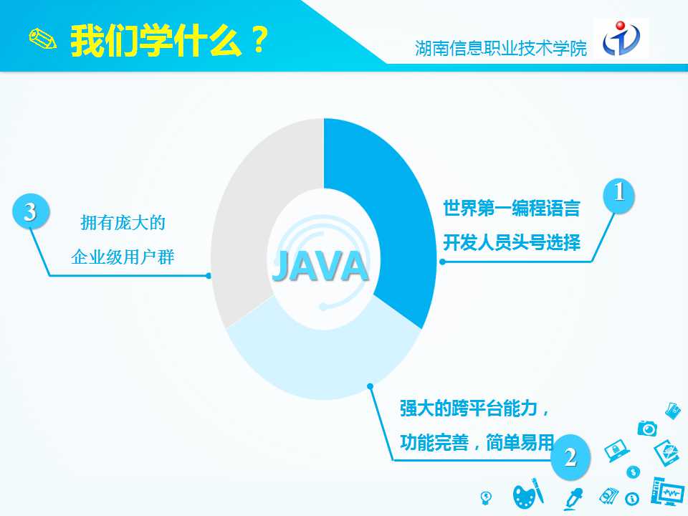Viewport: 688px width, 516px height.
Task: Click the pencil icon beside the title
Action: pyautogui.click(x=42, y=39)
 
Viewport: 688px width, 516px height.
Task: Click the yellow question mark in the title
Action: pyautogui.click(x=259, y=40)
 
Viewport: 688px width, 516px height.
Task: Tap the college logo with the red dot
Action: pyautogui.click(x=621, y=38)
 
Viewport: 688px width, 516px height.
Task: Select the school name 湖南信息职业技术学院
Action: pyautogui.click(x=501, y=48)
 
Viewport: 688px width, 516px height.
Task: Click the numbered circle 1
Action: pyautogui.click(x=618, y=194)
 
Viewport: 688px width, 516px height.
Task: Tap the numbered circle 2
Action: pyautogui.click(x=570, y=457)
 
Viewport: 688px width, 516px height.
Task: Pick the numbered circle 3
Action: pyautogui.click(x=30, y=211)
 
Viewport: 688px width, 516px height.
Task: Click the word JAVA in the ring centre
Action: pyautogui.click(x=320, y=266)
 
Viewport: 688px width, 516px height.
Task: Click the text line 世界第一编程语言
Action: pyautogui.click(x=512, y=208)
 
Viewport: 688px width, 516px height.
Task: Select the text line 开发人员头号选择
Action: pyautogui.click(x=512, y=242)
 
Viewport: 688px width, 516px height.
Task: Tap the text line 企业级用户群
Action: pyautogui.click(x=123, y=257)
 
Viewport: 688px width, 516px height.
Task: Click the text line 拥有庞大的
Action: pyautogui.click(x=123, y=223)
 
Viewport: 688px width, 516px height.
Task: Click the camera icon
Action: pyautogui.click(x=647, y=429)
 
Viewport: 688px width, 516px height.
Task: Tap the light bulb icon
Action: pyautogui.click(x=486, y=497)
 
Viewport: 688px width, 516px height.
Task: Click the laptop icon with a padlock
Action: pyautogui.click(x=616, y=451)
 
